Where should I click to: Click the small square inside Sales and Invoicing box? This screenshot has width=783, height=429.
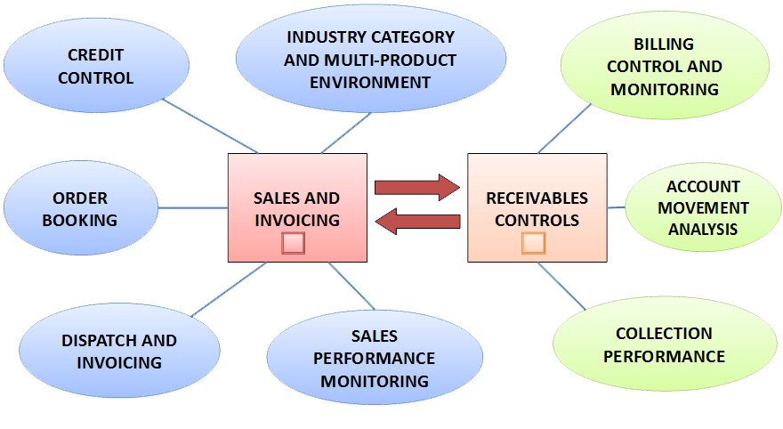point(294,243)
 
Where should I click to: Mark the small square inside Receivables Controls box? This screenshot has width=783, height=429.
point(533,243)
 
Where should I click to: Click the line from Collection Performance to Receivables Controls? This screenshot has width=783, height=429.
point(569,287)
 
